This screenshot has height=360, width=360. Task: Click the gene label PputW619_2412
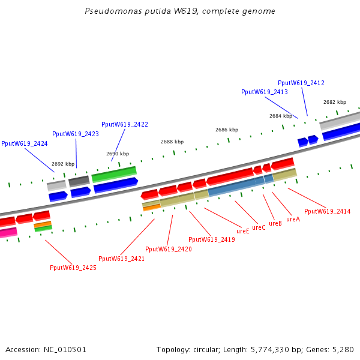pos(301,83)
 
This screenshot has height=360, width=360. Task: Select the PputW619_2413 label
pos(265,92)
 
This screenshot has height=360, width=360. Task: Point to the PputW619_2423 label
pos(76,134)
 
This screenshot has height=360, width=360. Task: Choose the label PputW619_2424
pos(25,143)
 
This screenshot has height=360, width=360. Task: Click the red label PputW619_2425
pos(73,268)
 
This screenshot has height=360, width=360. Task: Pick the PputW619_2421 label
pos(122,259)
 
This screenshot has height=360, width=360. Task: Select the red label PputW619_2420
pos(169,249)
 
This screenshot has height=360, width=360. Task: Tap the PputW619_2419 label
pos(211,239)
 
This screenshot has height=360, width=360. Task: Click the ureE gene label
pos(243,231)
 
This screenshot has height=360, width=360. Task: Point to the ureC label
pos(259,227)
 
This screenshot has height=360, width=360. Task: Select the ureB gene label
pos(275,223)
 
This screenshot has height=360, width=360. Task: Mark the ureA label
pos(293,219)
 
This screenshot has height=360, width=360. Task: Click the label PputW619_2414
pos(328,211)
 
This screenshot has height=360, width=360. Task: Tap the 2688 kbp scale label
pos(172,142)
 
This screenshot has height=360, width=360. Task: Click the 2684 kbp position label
pos(281,116)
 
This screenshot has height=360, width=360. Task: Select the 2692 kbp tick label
pos(63,164)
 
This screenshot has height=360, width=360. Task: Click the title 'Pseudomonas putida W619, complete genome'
pos(180,11)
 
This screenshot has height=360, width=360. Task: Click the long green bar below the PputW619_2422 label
pos(114,174)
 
